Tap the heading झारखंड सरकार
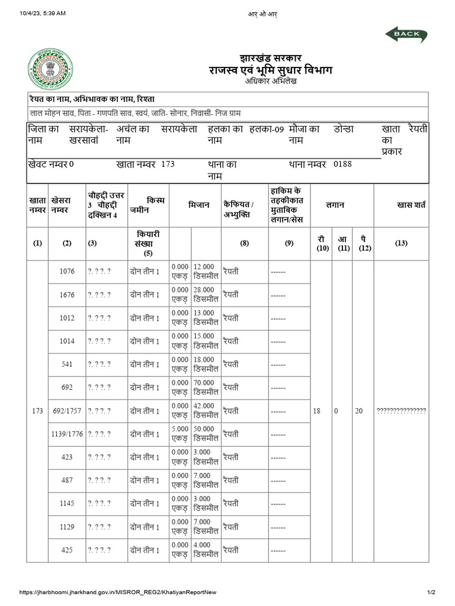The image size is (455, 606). click(x=271, y=59)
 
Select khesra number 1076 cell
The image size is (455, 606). click(x=67, y=272)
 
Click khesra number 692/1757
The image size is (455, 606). click(x=67, y=411)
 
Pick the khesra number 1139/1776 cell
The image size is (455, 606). click(x=67, y=434)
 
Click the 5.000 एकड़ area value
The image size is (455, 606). click(x=180, y=434)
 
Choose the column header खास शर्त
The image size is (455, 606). click(x=411, y=205)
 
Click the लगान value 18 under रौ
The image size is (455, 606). click(x=317, y=411)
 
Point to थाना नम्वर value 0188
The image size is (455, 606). click(x=342, y=163)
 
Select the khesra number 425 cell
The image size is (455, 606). click(x=67, y=550)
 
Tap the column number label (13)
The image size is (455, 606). click(x=401, y=243)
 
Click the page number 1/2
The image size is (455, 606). click(x=431, y=592)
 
